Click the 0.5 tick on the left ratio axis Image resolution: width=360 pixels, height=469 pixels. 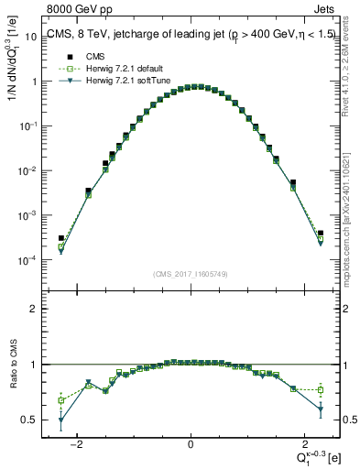pos(30,420)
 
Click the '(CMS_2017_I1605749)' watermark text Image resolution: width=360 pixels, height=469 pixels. pos(190,274)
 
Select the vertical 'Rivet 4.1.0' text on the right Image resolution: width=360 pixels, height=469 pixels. pos(351,73)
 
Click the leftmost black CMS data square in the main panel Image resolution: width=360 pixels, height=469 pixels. pos(61,238)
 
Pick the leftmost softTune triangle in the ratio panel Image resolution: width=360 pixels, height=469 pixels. pos(61,421)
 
